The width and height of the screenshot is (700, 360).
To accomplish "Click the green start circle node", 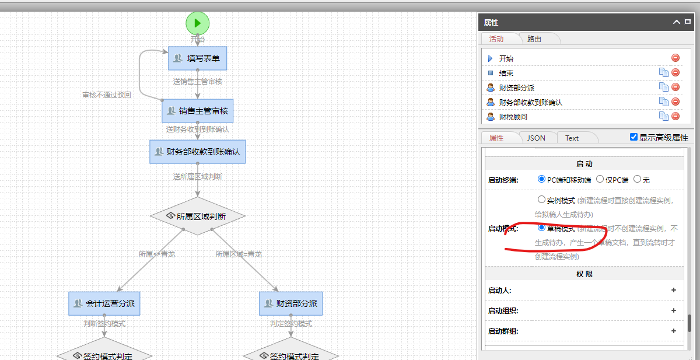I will [197, 23].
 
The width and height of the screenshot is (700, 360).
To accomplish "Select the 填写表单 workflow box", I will [197, 58].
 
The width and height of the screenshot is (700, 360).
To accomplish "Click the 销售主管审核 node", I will [197, 111].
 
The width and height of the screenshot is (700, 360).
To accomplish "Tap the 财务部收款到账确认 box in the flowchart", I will [197, 152].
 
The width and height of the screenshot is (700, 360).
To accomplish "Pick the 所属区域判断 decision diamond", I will [197, 216].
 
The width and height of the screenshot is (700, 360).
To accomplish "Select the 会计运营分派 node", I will [104, 303].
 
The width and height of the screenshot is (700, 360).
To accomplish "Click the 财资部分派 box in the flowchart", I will [290, 303].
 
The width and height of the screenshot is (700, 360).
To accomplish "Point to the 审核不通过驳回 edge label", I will [106, 95].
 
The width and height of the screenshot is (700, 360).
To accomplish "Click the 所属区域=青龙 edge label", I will [238, 254].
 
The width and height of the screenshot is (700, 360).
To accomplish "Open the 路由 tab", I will [534, 39].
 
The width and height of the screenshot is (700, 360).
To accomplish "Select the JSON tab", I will [536, 138].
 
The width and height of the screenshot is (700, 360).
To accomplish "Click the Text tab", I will [572, 138].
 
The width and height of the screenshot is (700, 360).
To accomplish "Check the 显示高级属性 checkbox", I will [634, 137].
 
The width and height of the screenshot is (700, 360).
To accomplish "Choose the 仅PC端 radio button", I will [600, 179].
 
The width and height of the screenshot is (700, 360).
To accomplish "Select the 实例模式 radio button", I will [541, 200].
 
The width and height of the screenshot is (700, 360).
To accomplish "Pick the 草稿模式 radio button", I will [541, 228].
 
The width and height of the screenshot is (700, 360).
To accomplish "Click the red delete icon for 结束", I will [675, 72].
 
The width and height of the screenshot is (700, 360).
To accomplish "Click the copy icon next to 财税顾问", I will [663, 116].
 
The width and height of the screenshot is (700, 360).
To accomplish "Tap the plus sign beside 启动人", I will [674, 290].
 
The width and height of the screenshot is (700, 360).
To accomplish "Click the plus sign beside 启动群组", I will [674, 331].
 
